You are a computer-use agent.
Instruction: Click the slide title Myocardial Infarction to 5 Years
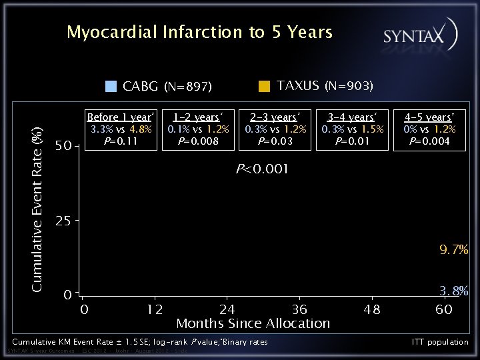[199, 33]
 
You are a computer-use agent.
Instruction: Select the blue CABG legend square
[111, 86]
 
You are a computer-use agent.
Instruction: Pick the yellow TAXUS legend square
[264, 85]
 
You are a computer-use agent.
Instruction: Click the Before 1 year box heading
[121, 117]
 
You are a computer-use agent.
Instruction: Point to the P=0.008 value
[198, 141]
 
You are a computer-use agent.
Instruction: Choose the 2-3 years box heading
[275, 117]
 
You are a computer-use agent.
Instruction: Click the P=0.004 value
[429, 141]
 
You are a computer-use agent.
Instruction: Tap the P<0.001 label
[262, 169]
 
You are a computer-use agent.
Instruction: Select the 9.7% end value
[453, 250]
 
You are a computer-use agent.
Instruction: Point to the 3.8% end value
[453, 291]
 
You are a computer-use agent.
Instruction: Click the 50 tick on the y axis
[63, 146]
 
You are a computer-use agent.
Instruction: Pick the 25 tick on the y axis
[63, 221]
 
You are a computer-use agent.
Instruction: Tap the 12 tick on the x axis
[155, 309]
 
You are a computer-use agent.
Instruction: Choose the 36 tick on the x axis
[299, 309]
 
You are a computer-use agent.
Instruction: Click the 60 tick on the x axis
[444, 309]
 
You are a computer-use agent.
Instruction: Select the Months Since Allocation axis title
[253, 324]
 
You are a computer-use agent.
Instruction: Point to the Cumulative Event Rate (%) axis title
[39, 209]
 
